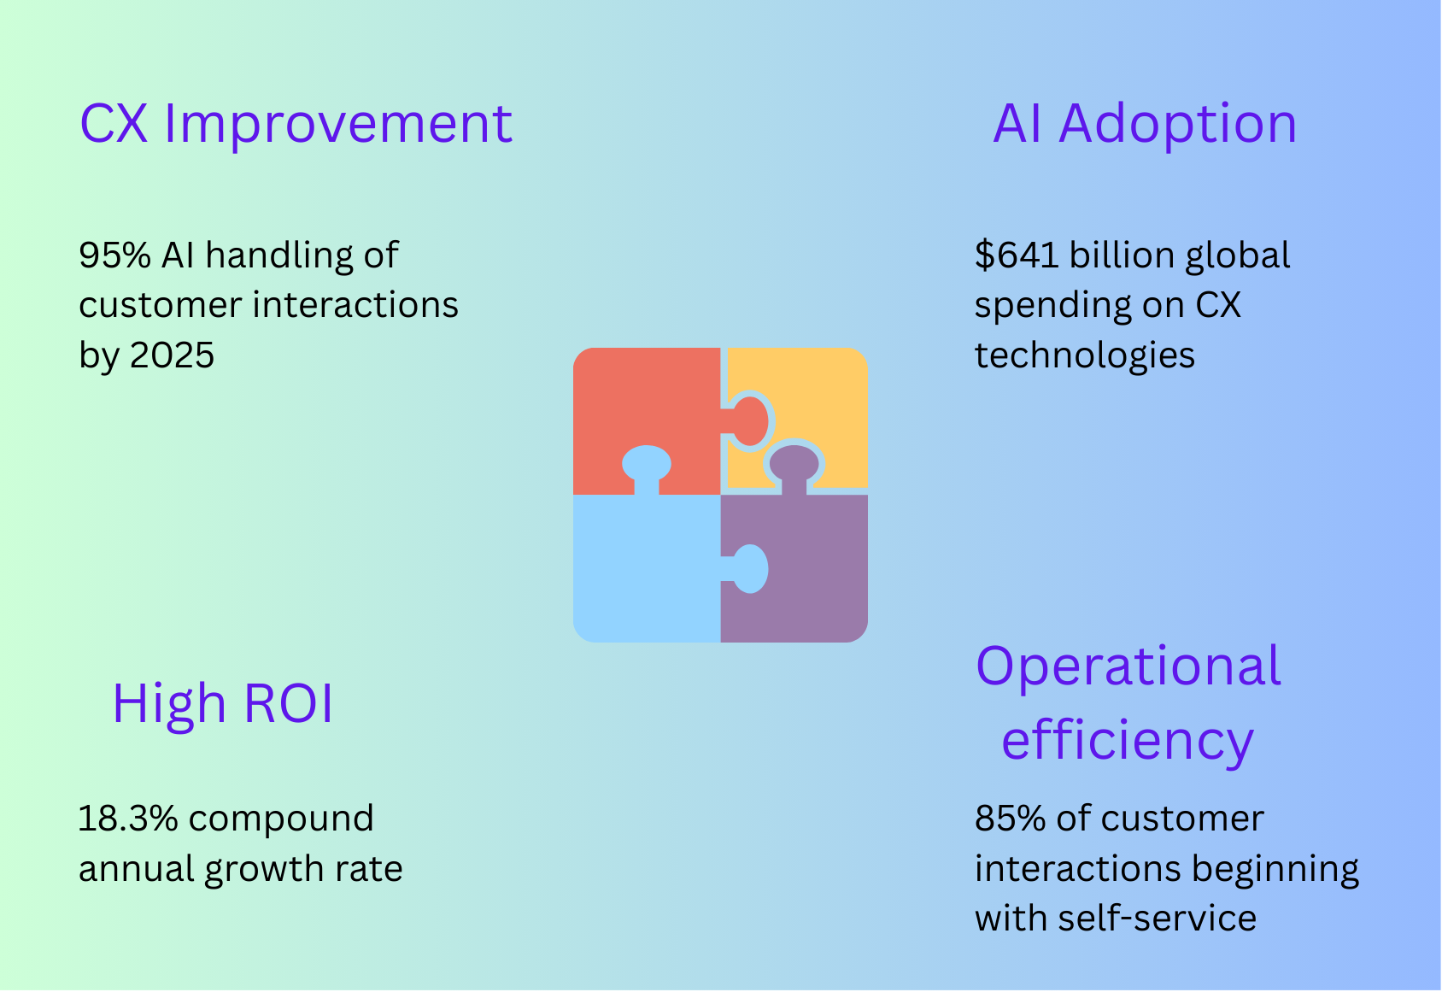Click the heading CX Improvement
click(296, 124)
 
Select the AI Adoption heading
click(1145, 124)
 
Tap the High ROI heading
click(223, 704)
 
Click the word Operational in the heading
click(1128, 668)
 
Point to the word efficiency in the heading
click(1128, 742)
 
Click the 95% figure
click(114, 255)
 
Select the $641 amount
click(1017, 255)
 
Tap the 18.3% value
click(128, 819)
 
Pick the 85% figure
click(1010, 819)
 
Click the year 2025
click(172, 355)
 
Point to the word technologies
click(1085, 355)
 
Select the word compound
click(281, 820)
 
